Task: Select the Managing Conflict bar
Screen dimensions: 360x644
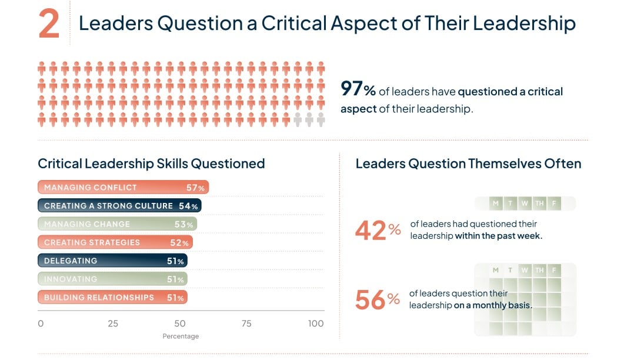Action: pos(123,188)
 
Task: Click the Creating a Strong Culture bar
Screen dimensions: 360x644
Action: pos(119,206)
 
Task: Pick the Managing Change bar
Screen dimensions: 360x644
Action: pos(117,224)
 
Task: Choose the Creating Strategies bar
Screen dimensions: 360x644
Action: pos(115,242)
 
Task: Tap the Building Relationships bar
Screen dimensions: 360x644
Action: pos(112,298)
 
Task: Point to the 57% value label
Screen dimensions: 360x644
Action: pos(195,188)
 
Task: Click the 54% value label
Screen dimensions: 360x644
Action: pos(188,206)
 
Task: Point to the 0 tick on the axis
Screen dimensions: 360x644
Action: pos(41,324)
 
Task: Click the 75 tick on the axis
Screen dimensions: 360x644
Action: pos(246,324)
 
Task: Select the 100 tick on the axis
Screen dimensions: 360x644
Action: pos(316,324)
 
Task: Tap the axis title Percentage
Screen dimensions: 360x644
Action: pos(181,336)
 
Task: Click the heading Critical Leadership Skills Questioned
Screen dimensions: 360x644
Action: pos(151,164)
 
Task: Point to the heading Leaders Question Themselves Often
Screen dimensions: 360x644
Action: pos(468,164)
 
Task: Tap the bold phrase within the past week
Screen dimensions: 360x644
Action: pos(499,236)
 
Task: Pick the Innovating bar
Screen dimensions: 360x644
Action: pos(112,279)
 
